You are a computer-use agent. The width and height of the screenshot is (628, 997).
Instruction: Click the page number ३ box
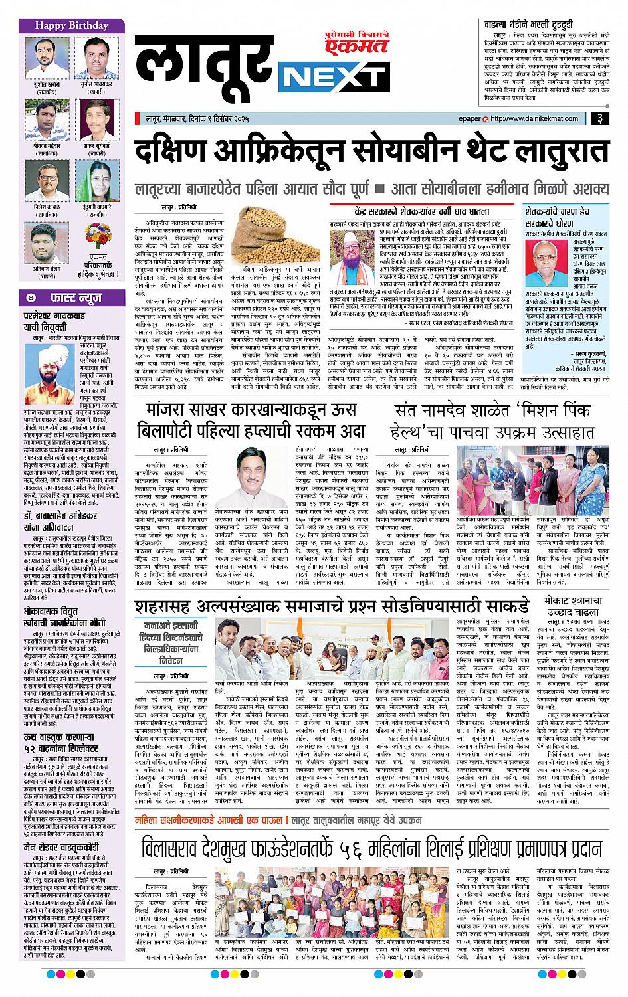coord(599,120)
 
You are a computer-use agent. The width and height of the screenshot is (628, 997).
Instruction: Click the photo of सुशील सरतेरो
coord(43,58)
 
